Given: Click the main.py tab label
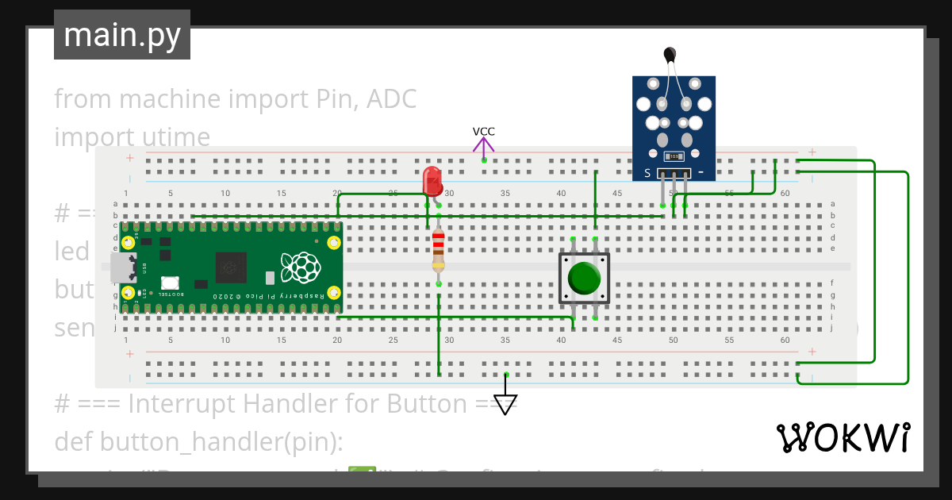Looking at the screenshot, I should point(122,35).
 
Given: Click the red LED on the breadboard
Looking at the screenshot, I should point(432,181).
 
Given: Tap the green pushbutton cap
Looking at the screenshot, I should point(585,278).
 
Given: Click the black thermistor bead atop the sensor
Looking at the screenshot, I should point(670,54).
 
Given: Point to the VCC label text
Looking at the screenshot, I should point(484,132).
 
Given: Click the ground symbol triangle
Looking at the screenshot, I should point(505,403).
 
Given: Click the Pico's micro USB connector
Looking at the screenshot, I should point(122,267).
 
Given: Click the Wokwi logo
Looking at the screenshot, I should point(843,437).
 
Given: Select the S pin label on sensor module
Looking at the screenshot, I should point(647,173).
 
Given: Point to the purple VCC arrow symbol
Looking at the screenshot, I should point(484,146).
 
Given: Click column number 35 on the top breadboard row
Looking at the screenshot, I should point(505,194).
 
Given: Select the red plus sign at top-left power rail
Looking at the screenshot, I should point(130,158).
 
